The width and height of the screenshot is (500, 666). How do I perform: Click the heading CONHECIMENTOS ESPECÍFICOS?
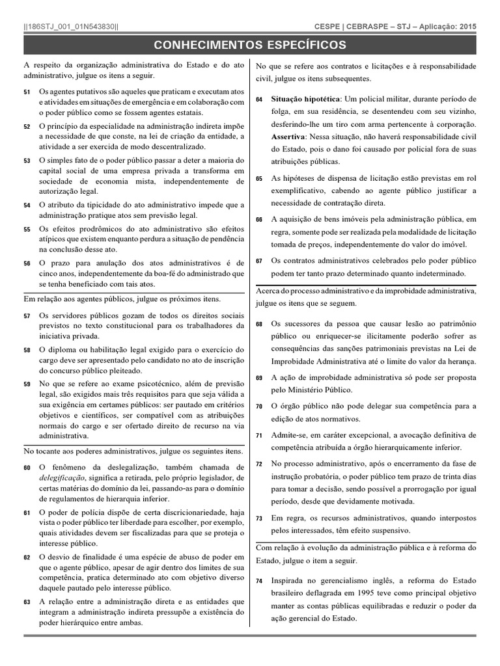click(x=250, y=45)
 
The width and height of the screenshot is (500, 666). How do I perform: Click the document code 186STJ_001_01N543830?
click(x=71, y=27)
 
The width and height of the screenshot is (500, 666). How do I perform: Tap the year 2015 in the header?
click(x=467, y=27)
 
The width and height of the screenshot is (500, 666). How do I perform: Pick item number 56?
click(x=27, y=263)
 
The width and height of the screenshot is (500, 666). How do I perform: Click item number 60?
click(x=27, y=468)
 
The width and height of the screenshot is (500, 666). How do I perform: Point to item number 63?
click(x=27, y=602)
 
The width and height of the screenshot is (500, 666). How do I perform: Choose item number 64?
click(x=259, y=100)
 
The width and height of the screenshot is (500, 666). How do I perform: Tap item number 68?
click(x=259, y=324)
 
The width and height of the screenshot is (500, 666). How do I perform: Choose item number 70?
click(x=259, y=406)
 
